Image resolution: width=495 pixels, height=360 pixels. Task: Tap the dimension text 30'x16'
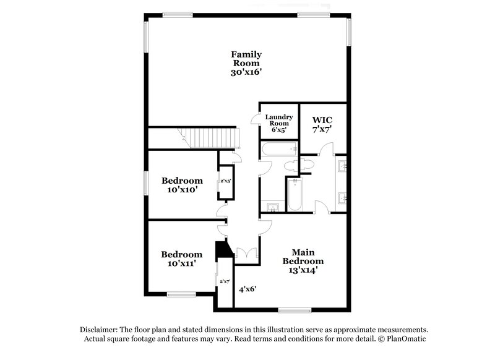point(246,72)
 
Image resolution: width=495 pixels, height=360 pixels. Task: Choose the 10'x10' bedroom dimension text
point(181,191)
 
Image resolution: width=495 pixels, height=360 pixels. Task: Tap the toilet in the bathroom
point(290,166)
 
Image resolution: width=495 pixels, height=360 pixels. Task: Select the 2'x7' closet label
point(225,281)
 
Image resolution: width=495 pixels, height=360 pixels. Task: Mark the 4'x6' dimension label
point(247,289)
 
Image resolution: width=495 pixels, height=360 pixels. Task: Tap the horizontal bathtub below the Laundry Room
point(278,149)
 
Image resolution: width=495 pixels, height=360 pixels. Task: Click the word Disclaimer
point(100,330)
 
